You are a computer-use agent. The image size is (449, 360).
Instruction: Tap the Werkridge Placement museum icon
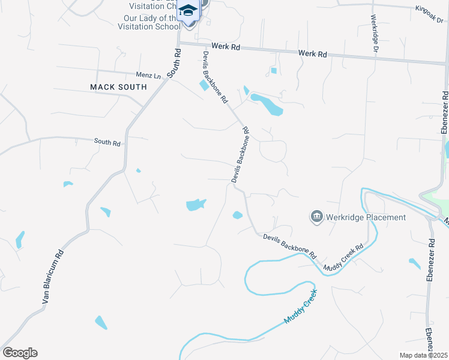(316, 216)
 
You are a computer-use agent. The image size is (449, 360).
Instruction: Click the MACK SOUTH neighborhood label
(118, 87)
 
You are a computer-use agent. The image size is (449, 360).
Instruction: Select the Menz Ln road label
(149, 76)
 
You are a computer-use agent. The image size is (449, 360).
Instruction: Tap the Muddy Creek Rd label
(343, 257)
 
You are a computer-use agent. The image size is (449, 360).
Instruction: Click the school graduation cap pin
(188, 11)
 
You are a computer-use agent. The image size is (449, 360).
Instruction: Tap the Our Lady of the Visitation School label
(149, 22)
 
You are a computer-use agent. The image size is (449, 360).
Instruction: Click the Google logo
(20, 353)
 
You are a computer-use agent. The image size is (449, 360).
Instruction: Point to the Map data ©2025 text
(423, 355)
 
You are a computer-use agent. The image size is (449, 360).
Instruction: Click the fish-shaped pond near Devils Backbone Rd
(196, 205)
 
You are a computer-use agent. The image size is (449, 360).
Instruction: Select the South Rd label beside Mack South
(174, 62)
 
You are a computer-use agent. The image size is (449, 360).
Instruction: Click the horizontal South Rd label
(107, 143)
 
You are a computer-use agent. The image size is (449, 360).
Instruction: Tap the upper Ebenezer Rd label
(444, 112)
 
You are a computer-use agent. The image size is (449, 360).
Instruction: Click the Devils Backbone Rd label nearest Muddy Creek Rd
(289, 246)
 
